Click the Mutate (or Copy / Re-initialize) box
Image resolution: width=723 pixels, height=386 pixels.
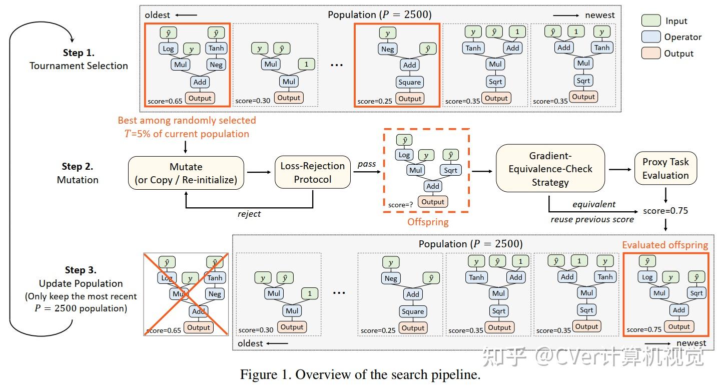(186, 173)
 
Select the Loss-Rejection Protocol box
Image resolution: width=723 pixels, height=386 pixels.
(313, 173)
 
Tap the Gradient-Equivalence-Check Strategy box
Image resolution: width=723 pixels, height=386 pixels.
(550, 169)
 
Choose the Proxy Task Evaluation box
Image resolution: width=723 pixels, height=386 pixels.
(665, 169)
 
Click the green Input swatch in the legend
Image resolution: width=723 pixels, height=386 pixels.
(650, 21)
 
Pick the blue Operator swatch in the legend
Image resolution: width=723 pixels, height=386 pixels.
(650, 37)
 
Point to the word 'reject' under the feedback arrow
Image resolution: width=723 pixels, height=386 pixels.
(249, 214)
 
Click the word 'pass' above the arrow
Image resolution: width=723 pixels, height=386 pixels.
(367, 164)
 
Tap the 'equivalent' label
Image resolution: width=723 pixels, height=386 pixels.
(594, 204)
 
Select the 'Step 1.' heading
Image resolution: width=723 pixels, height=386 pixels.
(79, 53)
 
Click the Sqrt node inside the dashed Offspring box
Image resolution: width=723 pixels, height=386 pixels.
(450, 170)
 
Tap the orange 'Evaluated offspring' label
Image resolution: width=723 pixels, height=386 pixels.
(665, 245)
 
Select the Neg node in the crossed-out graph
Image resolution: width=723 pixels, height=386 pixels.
(215, 294)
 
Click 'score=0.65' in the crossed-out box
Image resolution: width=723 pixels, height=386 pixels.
(162, 331)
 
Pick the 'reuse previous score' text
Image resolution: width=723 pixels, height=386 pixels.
(592, 219)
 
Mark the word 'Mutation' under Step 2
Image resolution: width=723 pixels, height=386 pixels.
(78, 179)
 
